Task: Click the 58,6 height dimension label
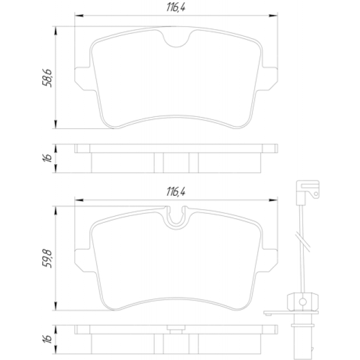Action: (47, 78)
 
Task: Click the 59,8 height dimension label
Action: (47, 259)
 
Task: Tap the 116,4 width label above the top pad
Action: (176, 7)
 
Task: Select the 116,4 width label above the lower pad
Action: (176, 191)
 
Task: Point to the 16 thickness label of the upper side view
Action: (47, 158)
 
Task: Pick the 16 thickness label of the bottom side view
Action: (47, 339)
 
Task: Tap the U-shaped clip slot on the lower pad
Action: (176, 217)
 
